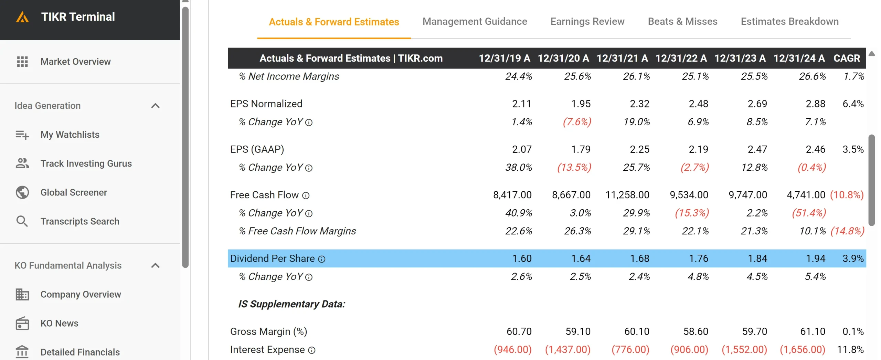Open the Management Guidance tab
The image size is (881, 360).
pos(474,21)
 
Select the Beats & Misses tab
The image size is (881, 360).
pos(682,21)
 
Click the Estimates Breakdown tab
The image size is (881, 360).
pos(789,21)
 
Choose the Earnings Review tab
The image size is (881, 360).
pos(587,21)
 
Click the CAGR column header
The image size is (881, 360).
pos(846,58)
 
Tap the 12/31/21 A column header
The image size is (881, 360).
pos(622,58)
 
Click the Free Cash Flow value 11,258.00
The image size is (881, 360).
pos(627,195)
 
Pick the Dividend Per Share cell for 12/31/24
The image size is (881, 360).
pos(815,258)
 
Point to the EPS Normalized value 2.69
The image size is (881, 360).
pos(757,104)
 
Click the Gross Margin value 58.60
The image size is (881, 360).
pos(696,331)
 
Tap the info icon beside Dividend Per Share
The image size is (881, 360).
pos(321,259)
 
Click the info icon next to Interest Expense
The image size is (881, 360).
pos(311,350)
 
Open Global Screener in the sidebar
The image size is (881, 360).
pos(74,192)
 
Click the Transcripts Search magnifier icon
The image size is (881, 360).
pos(22,221)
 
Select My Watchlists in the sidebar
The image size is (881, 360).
pos(70,135)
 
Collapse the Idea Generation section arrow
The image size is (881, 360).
pos(155,106)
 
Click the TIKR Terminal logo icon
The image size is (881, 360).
pos(22,17)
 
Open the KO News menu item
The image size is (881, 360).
pos(59,323)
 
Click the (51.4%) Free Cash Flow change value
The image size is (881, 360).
pos(809,213)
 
